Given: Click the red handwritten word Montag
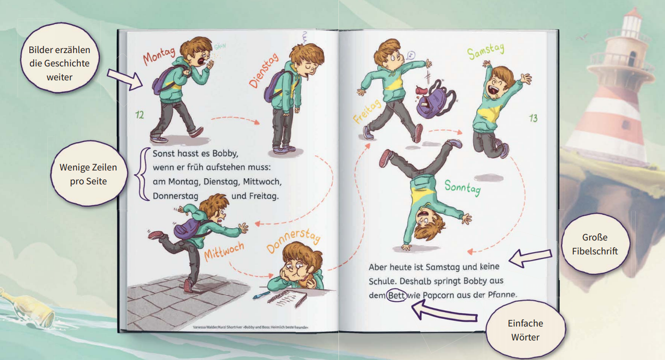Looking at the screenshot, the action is point(159,56).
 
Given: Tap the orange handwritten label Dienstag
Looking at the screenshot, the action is point(264,71).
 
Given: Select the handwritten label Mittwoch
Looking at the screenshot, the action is point(224,251).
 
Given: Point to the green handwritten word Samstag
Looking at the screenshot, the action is point(486,52).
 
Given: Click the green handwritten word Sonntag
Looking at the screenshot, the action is point(463,187).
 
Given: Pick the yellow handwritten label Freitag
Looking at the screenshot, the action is point(367,112).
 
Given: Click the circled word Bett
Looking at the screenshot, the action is point(396,295).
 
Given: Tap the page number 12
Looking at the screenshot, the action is point(140,114).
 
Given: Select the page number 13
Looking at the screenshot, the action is point(533,118).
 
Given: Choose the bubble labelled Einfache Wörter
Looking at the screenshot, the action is point(525,330).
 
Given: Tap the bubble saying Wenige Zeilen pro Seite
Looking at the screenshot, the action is point(89,174).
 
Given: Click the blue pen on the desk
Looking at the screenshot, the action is point(261,295).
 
